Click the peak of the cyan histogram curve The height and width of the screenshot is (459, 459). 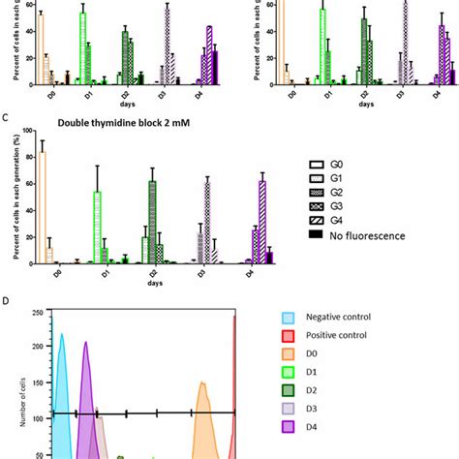62,335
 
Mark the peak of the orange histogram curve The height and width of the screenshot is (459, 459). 203,382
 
